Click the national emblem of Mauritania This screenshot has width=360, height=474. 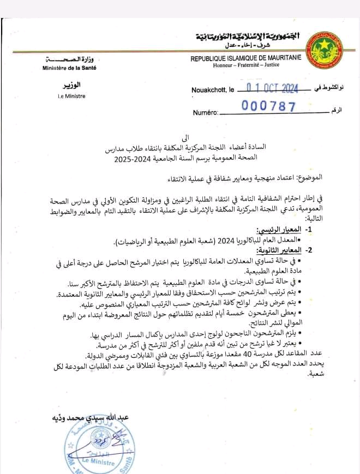326,50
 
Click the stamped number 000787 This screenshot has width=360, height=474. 268,107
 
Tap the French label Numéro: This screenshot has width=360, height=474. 206,113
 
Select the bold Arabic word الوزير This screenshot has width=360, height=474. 70,86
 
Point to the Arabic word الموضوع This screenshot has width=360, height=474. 310,178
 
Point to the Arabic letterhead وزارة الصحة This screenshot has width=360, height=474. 70,58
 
